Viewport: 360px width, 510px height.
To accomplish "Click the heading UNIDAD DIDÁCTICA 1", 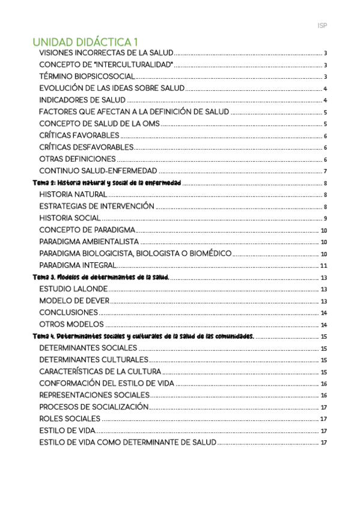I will click(85, 42).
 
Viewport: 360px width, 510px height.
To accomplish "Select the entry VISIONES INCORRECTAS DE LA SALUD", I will click(106, 54).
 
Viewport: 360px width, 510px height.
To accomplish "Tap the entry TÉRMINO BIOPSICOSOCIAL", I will click(87, 76).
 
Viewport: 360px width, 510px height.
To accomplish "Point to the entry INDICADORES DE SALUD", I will click(82, 100).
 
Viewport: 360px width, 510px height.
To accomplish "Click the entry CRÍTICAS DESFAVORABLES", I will click(87, 147).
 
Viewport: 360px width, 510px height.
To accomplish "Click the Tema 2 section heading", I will click(106, 183).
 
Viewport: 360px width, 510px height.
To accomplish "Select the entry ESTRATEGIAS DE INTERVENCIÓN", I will click(97, 206).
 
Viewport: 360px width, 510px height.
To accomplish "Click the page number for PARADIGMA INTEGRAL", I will click(323, 265).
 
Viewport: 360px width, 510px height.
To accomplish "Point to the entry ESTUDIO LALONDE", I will click(74, 289).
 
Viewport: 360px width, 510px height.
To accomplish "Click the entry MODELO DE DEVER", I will click(74, 301).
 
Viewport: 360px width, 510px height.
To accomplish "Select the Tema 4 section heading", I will click(144, 336).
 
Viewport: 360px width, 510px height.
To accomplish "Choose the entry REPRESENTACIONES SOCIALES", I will click(94, 395).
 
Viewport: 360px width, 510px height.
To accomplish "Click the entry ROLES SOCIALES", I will click(70, 419).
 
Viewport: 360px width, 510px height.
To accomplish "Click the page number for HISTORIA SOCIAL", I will click(325, 218).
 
